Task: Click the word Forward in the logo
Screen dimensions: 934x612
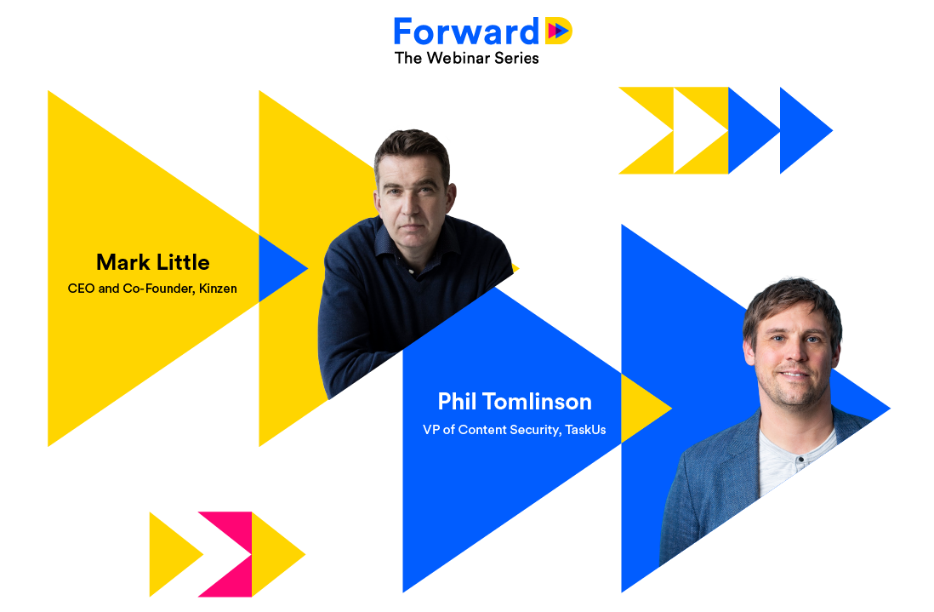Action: point(466,31)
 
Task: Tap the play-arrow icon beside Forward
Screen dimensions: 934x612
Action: point(559,31)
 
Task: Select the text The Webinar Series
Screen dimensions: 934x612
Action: point(466,58)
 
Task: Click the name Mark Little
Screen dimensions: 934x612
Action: point(153,262)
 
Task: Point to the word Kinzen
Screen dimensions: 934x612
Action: point(218,289)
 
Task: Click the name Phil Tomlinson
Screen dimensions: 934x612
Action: point(515,402)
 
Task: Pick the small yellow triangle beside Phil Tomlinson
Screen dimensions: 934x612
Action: point(642,409)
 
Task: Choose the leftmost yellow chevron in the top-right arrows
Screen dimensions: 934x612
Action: point(646,130)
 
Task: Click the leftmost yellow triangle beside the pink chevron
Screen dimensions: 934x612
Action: point(170,554)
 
